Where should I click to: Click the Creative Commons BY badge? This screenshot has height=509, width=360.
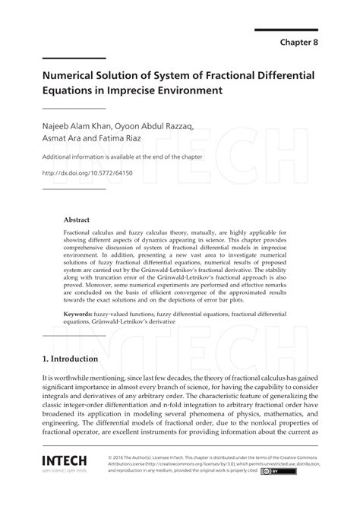coord(273,471)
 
